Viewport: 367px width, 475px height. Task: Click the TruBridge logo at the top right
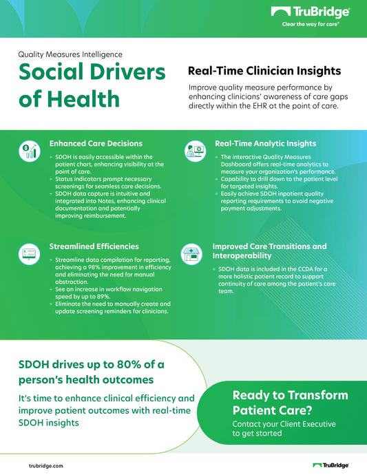tap(311, 12)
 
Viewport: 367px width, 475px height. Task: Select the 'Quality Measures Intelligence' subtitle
tap(70, 54)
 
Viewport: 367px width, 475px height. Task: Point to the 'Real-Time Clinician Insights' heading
tap(264, 71)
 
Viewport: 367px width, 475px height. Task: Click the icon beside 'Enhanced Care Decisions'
tap(30, 151)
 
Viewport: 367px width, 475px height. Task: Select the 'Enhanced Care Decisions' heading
tap(96, 144)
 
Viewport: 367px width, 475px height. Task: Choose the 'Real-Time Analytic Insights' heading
tap(266, 144)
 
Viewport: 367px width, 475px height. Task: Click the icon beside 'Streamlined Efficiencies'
tap(30, 252)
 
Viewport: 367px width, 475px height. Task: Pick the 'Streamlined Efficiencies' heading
tap(94, 246)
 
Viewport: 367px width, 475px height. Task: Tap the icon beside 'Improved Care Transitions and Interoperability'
tap(193, 252)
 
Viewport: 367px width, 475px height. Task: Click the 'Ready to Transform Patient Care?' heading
tap(289, 402)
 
